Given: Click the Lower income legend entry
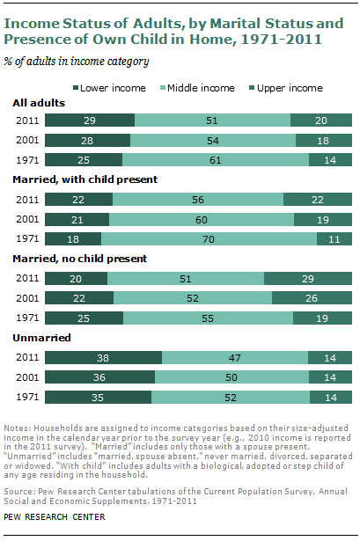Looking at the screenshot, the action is [109, 88].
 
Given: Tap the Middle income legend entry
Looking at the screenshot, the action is [197, 88].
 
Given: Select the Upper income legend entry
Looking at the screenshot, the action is [286, 88].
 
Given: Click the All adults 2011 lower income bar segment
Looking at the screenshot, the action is [90, 121].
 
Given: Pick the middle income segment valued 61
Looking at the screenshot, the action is [216, 160].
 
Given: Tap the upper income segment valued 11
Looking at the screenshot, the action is [334, 239].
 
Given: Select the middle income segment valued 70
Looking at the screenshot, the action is [209, 239].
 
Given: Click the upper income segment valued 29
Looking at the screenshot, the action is [308, 279].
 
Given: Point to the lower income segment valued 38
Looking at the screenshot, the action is [103, 357].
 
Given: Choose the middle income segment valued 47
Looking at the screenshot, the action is [235, 357].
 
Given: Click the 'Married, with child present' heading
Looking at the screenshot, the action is [84, 179].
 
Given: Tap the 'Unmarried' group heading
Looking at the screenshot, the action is [41, 338].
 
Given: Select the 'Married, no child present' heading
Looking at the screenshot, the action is [80, 259].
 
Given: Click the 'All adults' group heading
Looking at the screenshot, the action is [39, 103].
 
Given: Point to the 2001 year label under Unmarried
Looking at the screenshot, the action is [27, 377].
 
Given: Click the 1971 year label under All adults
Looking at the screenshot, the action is [27, 160].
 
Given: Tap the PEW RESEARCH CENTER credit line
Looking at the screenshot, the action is [55, 517].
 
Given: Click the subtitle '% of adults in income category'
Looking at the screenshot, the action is [77, 62].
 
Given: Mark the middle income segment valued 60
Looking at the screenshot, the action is [202, 219].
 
